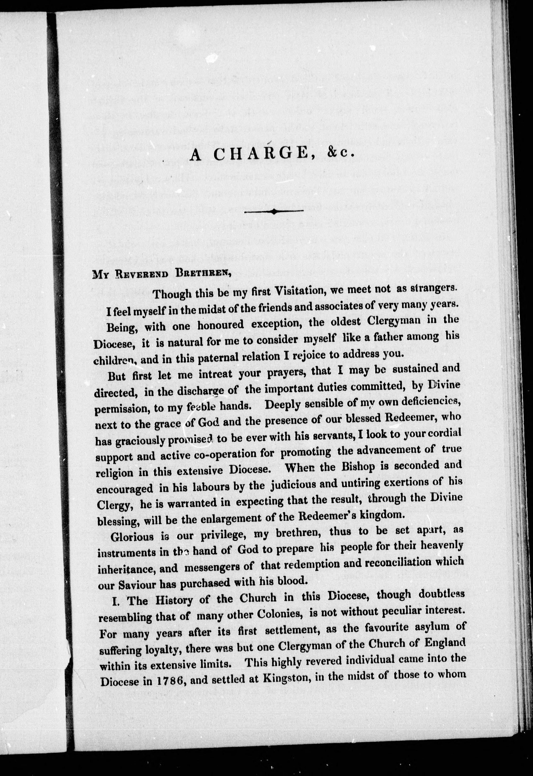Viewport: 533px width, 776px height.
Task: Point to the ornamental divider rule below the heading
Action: point(274,211)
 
